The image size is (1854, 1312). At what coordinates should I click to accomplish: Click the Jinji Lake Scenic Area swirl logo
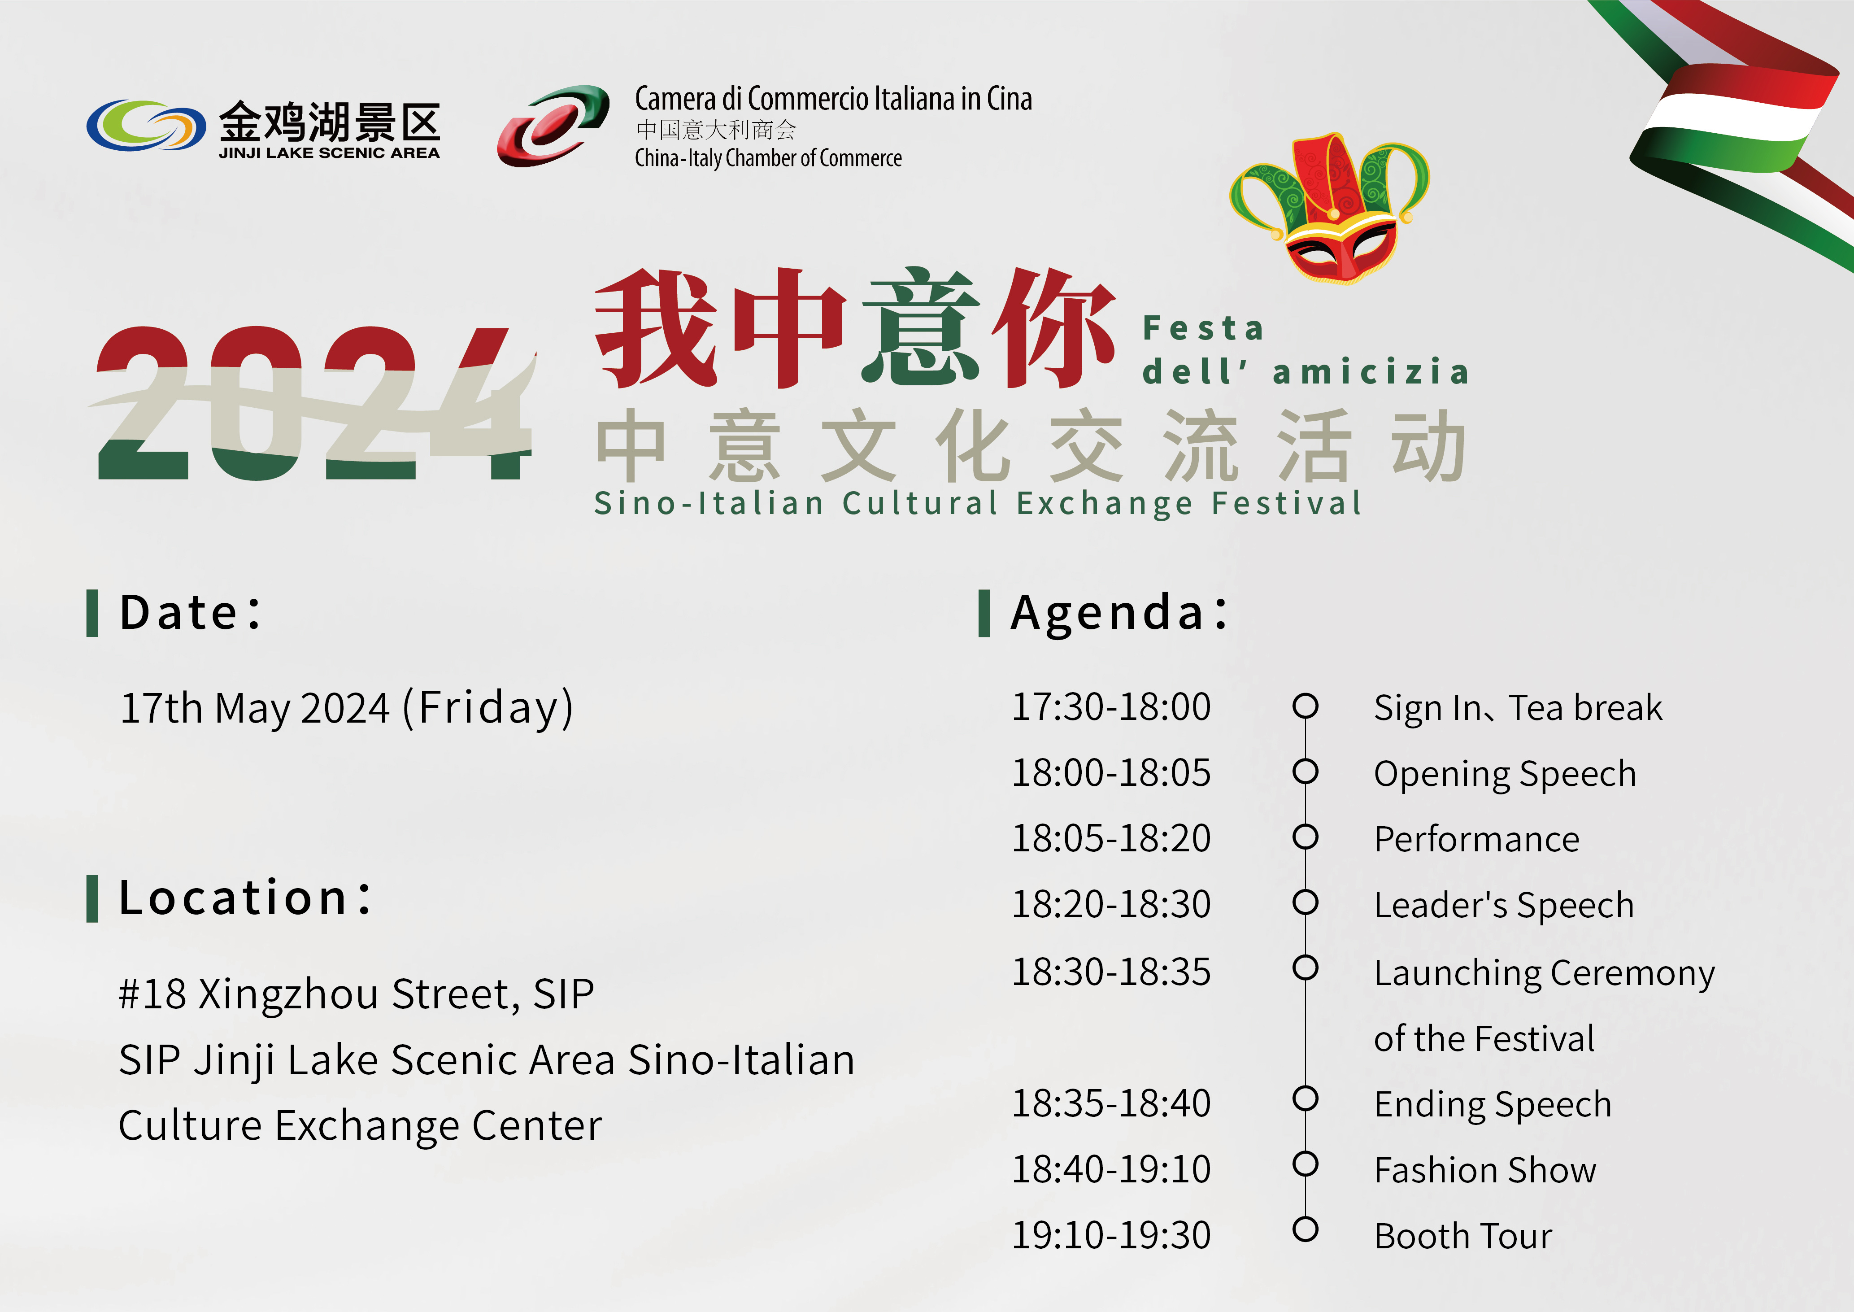(145, 125)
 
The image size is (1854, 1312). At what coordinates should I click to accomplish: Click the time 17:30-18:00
(1111, 707)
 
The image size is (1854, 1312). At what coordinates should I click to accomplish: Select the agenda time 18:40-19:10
(1111, 1169)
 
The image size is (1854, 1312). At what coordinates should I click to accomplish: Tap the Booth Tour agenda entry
(1463, 1236)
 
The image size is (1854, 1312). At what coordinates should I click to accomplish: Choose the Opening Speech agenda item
(1505, 774)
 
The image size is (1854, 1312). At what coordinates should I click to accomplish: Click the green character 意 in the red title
(921, 327)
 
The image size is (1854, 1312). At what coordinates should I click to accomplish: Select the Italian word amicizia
(1371, 372)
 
